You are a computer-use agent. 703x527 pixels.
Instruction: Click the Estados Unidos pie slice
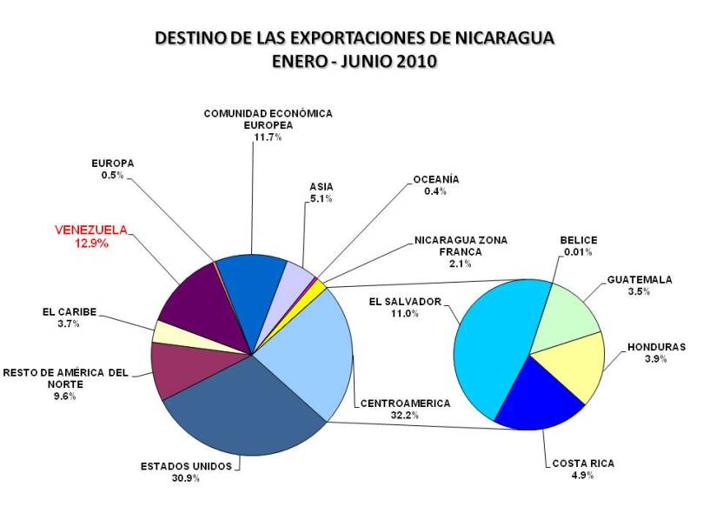(248, 413)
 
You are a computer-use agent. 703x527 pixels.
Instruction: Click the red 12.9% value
(90, 243)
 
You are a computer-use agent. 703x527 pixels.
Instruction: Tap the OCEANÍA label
(437, 180)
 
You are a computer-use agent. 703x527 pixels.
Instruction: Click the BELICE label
(579, 241)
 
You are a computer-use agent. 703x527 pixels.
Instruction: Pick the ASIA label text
(322, 187)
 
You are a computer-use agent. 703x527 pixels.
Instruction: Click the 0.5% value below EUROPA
(112, 175)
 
